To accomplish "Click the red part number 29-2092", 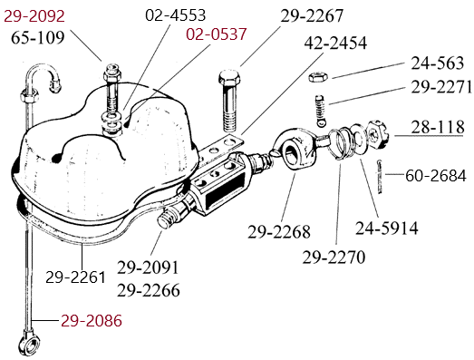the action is point(34,16).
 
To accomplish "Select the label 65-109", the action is point(38,38).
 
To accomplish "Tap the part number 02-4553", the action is point(175,15).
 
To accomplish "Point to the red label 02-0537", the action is point(216,34).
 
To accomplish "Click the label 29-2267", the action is point(312,15).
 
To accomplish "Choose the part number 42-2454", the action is point(335,43).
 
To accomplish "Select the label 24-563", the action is point(437,63).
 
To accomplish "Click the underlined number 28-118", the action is point(438,127).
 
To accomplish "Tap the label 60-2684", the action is point(436,176).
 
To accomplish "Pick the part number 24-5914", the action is point(387,229).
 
